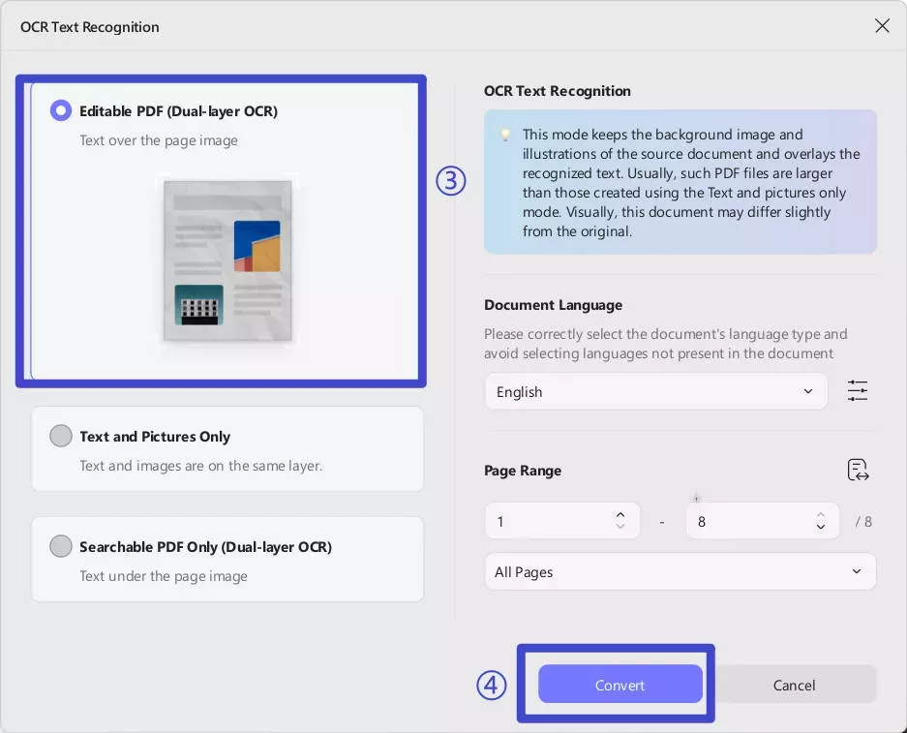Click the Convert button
[620, 685]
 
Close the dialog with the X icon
[882, 25]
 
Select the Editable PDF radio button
[61, 110]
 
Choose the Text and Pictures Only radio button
[61, 436]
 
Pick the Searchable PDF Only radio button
[61, 546]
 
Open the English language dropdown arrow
[808, 391]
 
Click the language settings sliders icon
[858, 390]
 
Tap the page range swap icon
[858, 470]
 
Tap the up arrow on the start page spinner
[620, 514]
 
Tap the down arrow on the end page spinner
[820, 527]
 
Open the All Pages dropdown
[680, 571]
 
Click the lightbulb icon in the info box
[505, 136]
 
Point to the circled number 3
[451, 180]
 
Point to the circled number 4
[491, 685]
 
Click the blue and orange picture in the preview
[257, 246]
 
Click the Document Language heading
[553, 305]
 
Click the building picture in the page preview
[199, 305]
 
